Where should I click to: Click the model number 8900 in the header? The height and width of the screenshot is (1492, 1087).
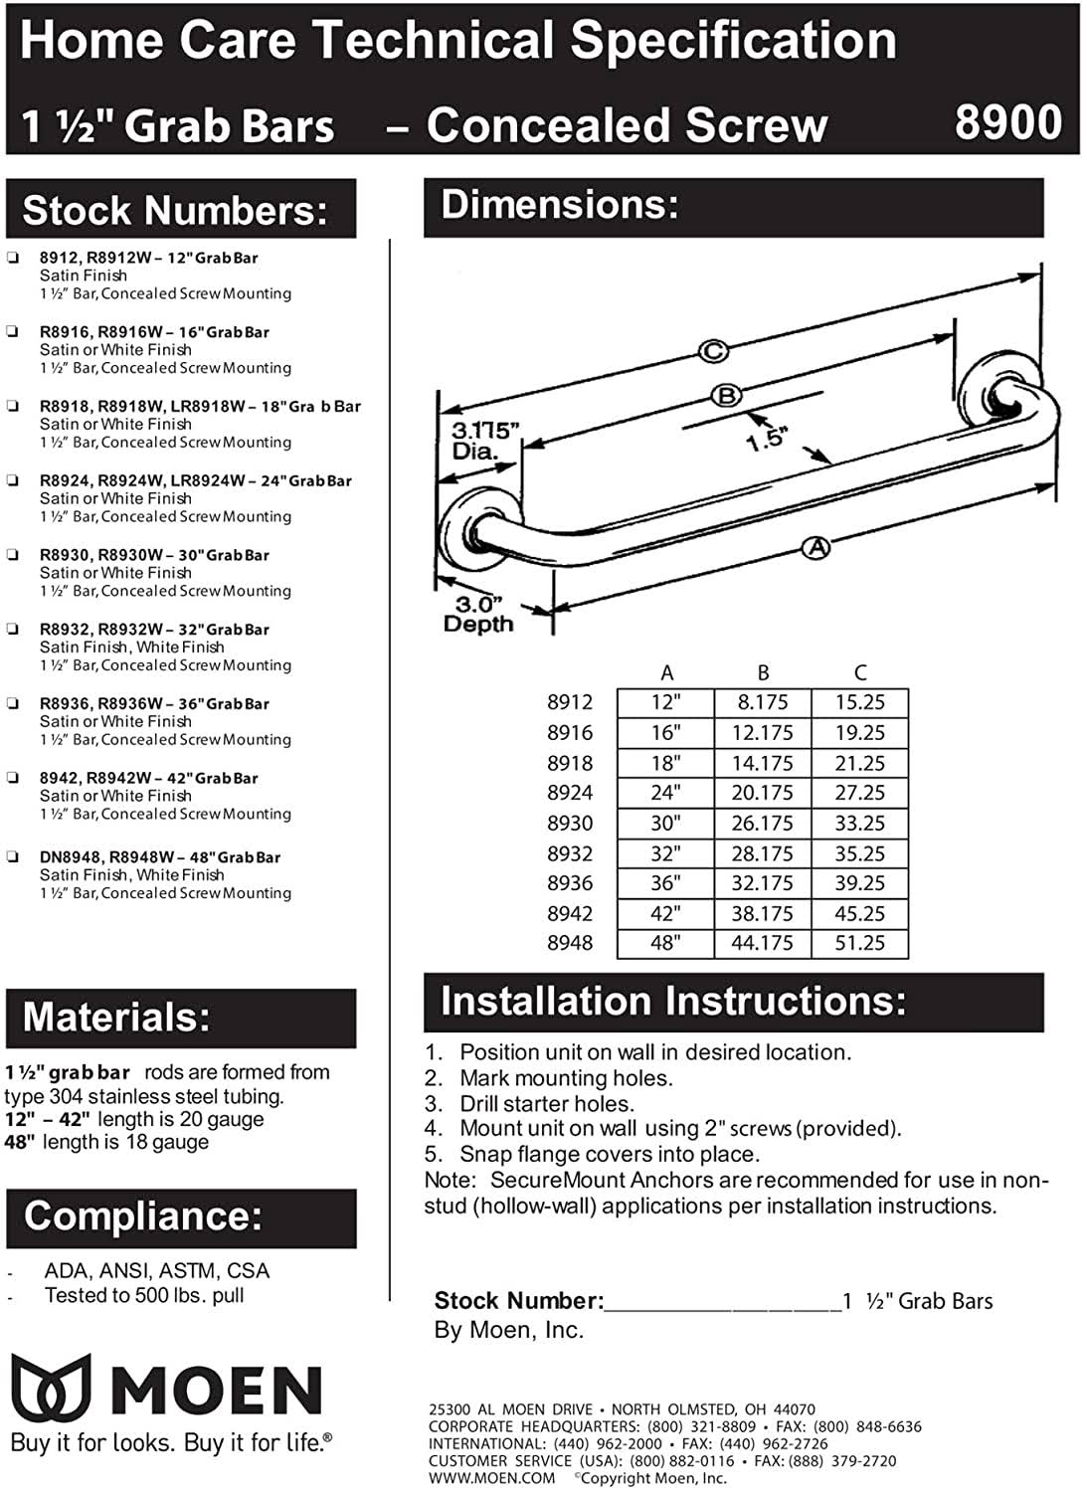pos(1007,123)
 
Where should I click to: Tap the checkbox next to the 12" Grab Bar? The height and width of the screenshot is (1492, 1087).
pos(12,257)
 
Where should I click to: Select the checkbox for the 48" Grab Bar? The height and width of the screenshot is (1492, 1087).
pos(12,856)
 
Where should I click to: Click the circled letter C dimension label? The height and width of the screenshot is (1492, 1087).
pos(713,350)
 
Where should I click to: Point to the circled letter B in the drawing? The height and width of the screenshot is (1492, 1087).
pos(727,395)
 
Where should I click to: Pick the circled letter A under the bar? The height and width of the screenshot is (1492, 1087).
pos(815,546)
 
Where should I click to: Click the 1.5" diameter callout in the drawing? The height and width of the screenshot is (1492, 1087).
pos(766,439)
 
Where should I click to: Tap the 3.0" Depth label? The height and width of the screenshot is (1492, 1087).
pos(477,615)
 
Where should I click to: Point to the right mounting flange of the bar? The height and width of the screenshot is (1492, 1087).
pos(996,393)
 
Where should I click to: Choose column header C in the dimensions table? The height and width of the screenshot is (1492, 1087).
pos(860,672)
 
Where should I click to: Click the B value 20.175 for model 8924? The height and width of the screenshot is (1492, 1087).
pos(763,793)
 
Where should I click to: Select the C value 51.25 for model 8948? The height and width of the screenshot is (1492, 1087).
pos(860,943)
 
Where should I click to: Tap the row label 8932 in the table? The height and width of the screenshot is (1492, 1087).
pos(570,853)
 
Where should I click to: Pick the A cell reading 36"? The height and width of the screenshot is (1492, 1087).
pos(665,883)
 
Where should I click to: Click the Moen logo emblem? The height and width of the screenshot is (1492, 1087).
pos(51,1387)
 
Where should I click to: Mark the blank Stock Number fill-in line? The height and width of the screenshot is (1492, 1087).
pos(722,1303)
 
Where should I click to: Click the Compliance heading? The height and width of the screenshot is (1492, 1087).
pos(143,1216)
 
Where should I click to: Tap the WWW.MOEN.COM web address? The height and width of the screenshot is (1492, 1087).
pos(491,1478)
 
